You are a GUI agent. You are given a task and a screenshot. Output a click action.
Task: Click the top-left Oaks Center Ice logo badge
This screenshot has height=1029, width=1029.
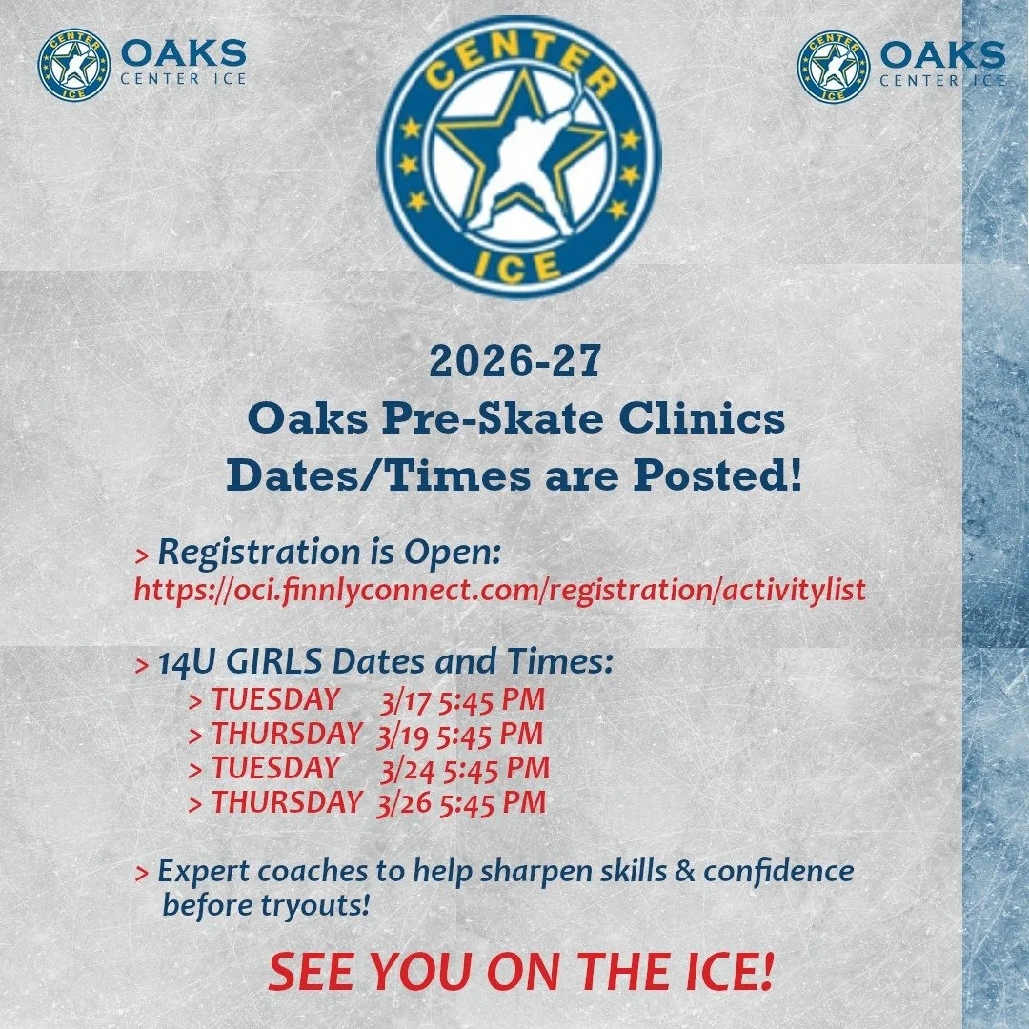click(x=73, y=66)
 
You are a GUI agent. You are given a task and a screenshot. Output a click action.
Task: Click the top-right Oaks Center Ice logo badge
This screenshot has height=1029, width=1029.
click(x=833, y=66)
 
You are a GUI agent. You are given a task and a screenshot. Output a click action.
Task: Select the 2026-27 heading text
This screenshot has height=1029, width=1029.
click(x=514, y=362)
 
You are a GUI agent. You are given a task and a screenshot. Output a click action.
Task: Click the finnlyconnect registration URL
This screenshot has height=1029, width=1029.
click(x=500, y=591)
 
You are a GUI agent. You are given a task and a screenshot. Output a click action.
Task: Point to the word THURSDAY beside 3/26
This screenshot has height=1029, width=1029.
click(x=287, y=802)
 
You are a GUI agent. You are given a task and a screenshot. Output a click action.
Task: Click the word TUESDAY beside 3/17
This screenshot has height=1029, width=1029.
click(x=274, y=700)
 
